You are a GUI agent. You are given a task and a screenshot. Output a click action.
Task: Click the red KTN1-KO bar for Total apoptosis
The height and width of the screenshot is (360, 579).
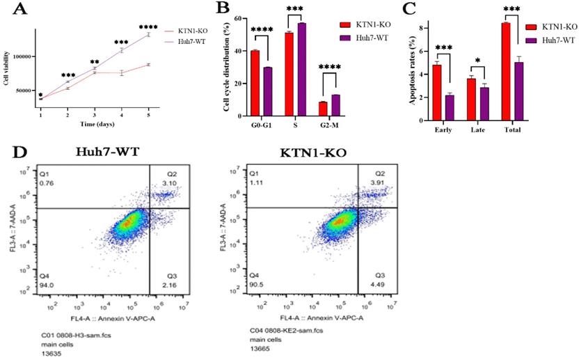coord(506,72)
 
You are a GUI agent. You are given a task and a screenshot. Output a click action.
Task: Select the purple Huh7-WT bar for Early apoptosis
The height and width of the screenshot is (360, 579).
coord(450,108)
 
